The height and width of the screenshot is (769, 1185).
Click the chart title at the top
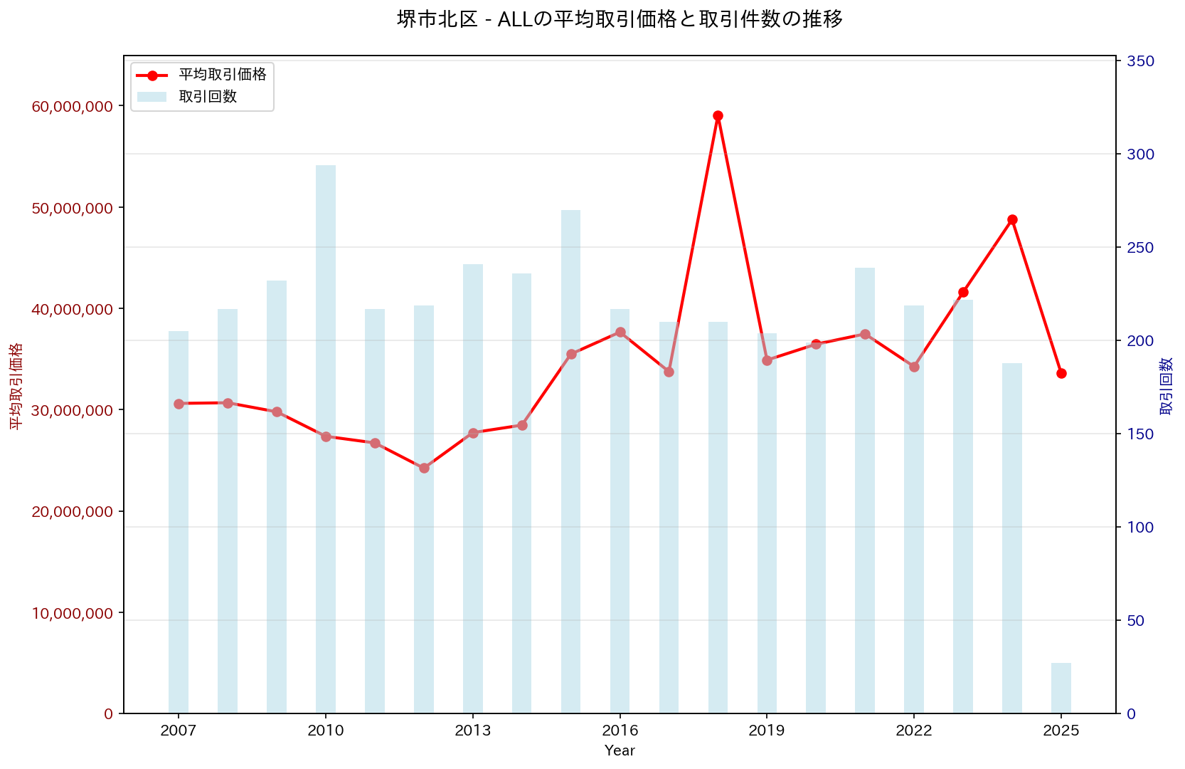(x=620, y=19)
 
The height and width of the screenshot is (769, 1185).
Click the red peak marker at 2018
(x=718, y=116)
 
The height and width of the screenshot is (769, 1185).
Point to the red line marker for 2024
(x=1012, y=219)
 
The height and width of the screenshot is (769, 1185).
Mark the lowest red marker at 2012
(x=424, y=468)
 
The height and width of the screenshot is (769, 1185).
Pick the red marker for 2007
(x=179, y=404)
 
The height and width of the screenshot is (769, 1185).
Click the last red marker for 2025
(x=1061, y=373)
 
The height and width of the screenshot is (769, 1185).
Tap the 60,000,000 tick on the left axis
(x=73, y=106)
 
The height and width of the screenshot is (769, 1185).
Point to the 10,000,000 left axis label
(x=73, y=613)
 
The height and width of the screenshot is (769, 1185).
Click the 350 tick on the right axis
(x=1140, y=61)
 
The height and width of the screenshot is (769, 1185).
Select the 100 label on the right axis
(x=1140, y=528)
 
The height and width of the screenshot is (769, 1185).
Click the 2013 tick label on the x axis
(x=473, y=731)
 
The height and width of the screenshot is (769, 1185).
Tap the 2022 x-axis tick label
(x=914, y=731)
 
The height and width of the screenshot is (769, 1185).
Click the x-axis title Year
(x=620, y=750)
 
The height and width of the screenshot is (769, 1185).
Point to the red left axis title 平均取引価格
(x=16, y=386)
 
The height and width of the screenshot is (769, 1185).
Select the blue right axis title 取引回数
(x=1167, y=386)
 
